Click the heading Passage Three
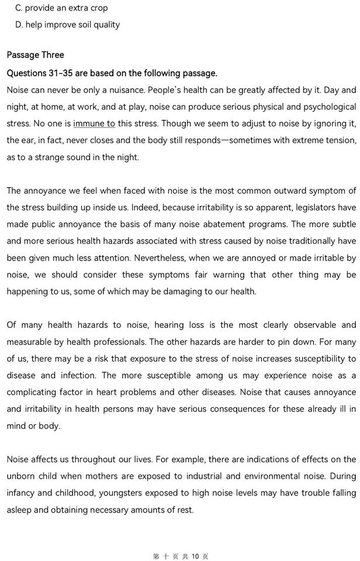pos(35,55)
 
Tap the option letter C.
pos(19,8)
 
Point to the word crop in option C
pos(96,8)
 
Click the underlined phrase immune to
pos(94,123)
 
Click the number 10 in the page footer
pos(196,556)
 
